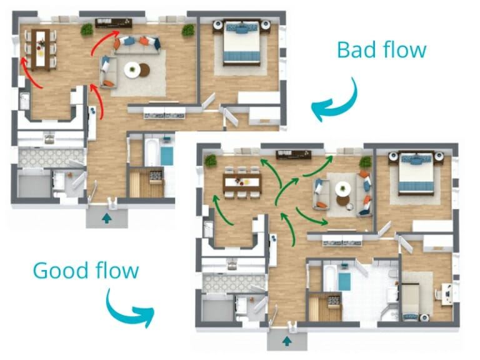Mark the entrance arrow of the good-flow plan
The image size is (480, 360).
[x=287, y=341]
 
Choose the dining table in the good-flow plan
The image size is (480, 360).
[x=241, y=182]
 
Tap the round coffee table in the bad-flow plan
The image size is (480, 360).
[x=133, y=69]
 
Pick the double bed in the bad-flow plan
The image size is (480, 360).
[x=241, y=41]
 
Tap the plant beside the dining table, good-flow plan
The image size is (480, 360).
[x=210, y=161]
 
